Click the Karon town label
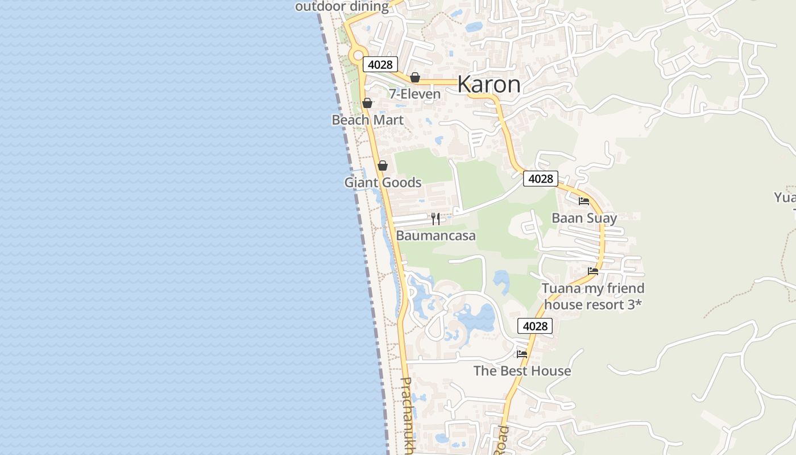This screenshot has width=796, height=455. [x=488, y=84]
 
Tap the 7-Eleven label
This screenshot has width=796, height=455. [x=414, y=94]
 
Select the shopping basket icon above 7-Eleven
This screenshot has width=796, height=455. [x=415, y=77]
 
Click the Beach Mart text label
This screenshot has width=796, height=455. [x=367, y=120]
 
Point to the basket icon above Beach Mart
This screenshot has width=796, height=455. [x=367, y=103]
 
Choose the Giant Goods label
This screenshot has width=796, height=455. [x=383, y=183]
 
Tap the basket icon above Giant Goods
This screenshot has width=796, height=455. [x=383, y=166]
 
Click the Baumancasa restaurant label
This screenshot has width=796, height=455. [x=436, y=235]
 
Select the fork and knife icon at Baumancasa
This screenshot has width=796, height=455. [x=436, y=219]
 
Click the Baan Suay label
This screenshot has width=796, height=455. [x=584, y=218]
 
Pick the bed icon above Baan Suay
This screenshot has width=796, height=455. [x=584, y=201]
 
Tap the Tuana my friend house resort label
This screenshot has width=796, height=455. [x=592, y=296]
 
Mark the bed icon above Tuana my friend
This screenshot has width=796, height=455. [x=593, y=271]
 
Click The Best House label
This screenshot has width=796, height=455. [x=522, y=371]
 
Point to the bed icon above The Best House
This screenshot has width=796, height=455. [x=522, y=354]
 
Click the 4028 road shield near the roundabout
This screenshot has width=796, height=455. [x=380, y=64]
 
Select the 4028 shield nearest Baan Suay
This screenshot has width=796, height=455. [x=540, y=179]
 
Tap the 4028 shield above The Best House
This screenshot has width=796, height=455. [x=535, y=326]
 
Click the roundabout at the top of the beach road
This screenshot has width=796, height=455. [x=358, y=56]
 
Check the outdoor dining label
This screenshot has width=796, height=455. [x=342, y=7]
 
